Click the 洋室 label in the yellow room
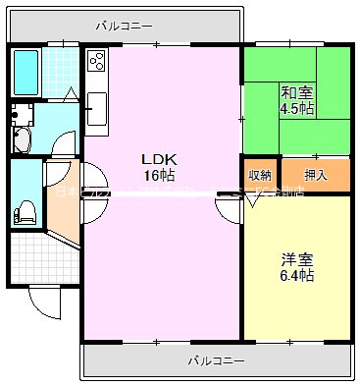click(296, 259)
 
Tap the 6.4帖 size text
click(296, 276)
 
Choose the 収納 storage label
click(259, 175)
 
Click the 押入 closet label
click(315, 175)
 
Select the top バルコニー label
click(124, 25)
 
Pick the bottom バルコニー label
click(216, 360)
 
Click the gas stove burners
click(97, 64)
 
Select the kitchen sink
click(96, 108)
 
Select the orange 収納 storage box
click(259, 175)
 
